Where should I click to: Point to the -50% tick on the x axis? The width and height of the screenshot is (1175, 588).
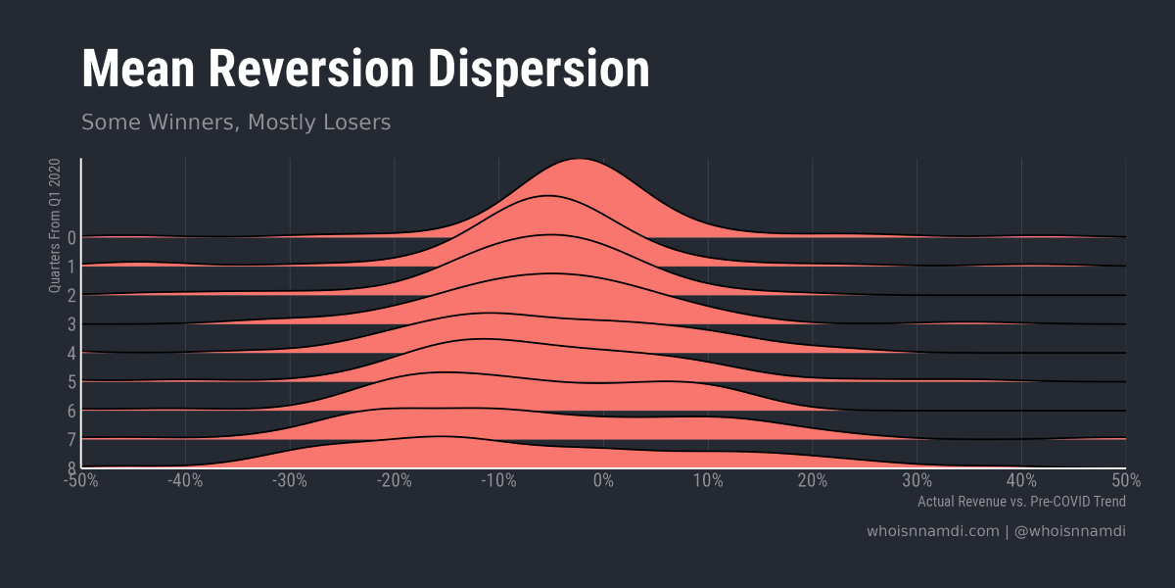coord(81,480)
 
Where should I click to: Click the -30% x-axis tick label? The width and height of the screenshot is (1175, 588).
coord(290,480)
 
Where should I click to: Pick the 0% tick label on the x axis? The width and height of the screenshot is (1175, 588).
coord(603,480)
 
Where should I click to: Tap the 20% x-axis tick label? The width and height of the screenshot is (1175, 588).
coord(812,480)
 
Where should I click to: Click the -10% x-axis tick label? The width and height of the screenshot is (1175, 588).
coord(498,480)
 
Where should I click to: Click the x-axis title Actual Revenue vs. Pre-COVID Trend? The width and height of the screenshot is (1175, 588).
coord(1021,502)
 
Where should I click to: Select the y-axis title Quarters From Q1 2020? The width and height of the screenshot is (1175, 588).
coord(55,225)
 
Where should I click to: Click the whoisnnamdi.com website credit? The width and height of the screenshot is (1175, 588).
coord(932,531)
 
